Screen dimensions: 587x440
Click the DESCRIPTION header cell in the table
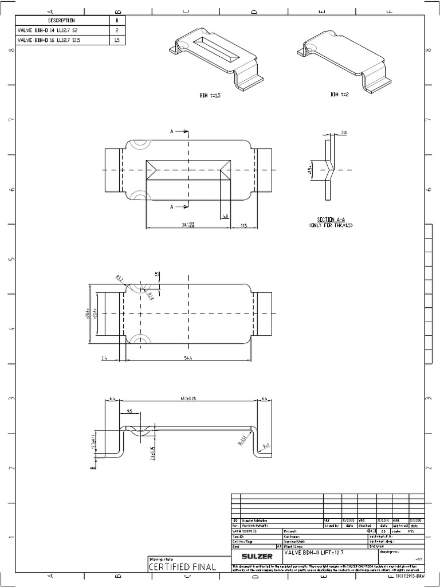pos(61,21)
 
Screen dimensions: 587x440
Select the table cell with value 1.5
pos(117,40)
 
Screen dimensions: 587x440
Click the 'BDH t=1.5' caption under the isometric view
pos(210,96)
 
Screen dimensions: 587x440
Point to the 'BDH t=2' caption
pos(339,94)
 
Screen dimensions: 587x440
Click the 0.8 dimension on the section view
pos(344,132)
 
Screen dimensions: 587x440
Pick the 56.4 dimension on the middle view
pos(188,358)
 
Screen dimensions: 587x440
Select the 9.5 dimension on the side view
pos(129,411)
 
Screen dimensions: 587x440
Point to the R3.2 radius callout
pos(119,278)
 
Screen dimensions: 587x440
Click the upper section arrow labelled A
pos(172,132)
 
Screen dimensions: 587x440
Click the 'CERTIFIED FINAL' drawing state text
pos(182,567)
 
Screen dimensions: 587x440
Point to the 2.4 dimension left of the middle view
pos(104,358)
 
